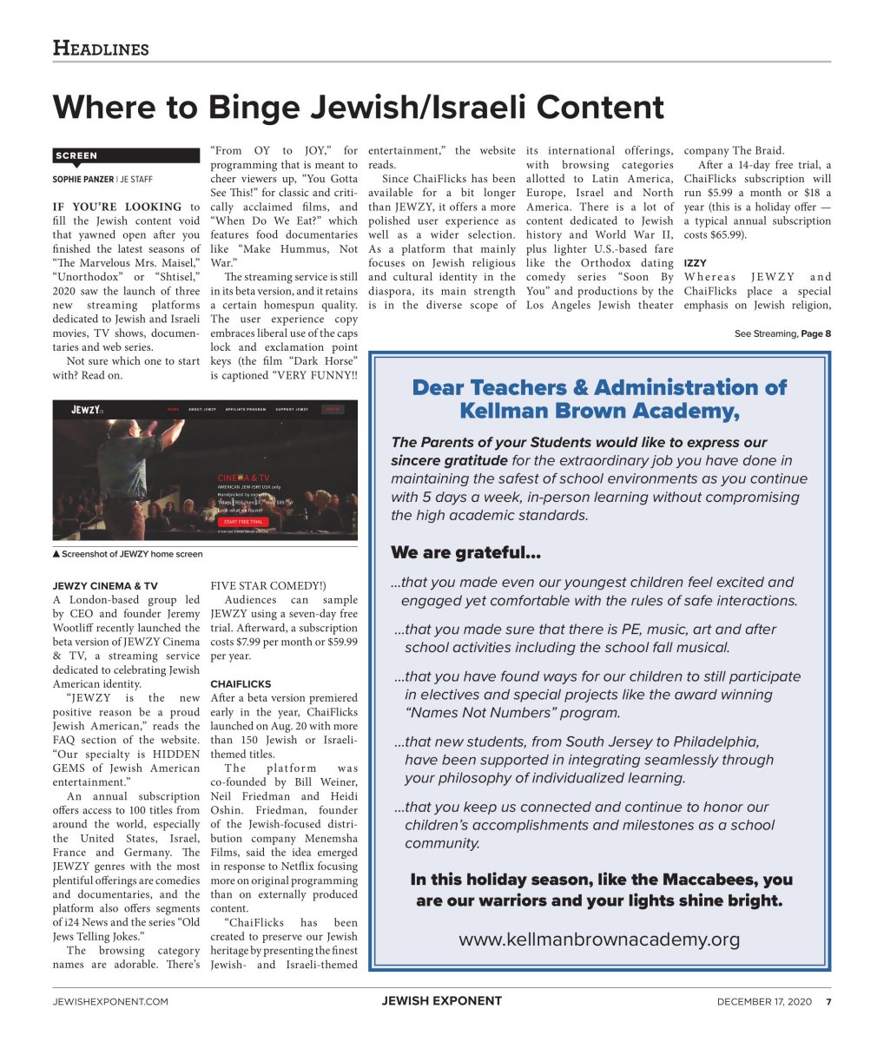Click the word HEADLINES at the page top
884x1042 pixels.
click(x=101, y=48)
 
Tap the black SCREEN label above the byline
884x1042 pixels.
click(x=76, y=155)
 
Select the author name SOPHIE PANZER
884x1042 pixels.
click(x=83, y=180)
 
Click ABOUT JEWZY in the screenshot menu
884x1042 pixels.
click(x=202, y=409)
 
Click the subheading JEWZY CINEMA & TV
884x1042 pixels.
click(x=105, y=586)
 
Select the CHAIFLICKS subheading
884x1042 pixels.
click(x=241, y=684)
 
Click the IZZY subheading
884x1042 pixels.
click(x=695, y=263)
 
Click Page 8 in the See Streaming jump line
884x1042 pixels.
click(x=815, y=333)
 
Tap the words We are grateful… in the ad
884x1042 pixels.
click(x=465, y=553)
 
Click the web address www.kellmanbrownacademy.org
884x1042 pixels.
click(x=599, y=940)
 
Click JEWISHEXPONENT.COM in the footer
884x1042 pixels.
click(x=110, y=1001)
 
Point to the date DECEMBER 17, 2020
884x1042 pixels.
click(x=764, y=1001)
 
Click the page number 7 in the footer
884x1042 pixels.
click(x=828, y=1001)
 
